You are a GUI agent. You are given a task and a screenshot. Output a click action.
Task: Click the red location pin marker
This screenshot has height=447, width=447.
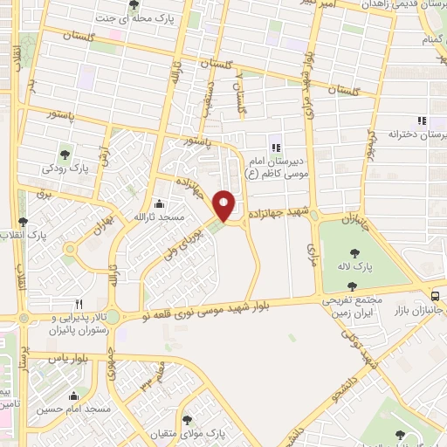click(224, 206)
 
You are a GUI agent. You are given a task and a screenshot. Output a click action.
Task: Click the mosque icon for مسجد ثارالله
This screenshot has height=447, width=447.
click(171, 202)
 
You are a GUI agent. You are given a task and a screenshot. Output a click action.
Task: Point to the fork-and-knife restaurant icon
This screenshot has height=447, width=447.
click(79, 304)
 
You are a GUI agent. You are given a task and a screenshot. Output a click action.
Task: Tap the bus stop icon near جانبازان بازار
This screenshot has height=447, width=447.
click(436, 295)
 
